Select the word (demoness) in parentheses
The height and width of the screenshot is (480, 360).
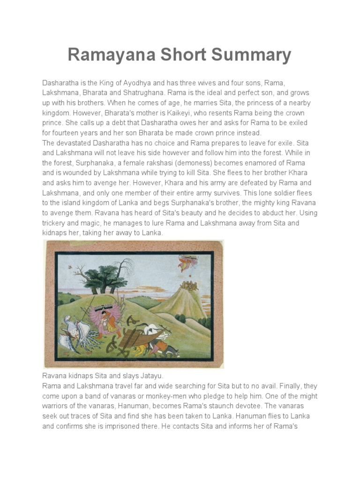199,163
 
